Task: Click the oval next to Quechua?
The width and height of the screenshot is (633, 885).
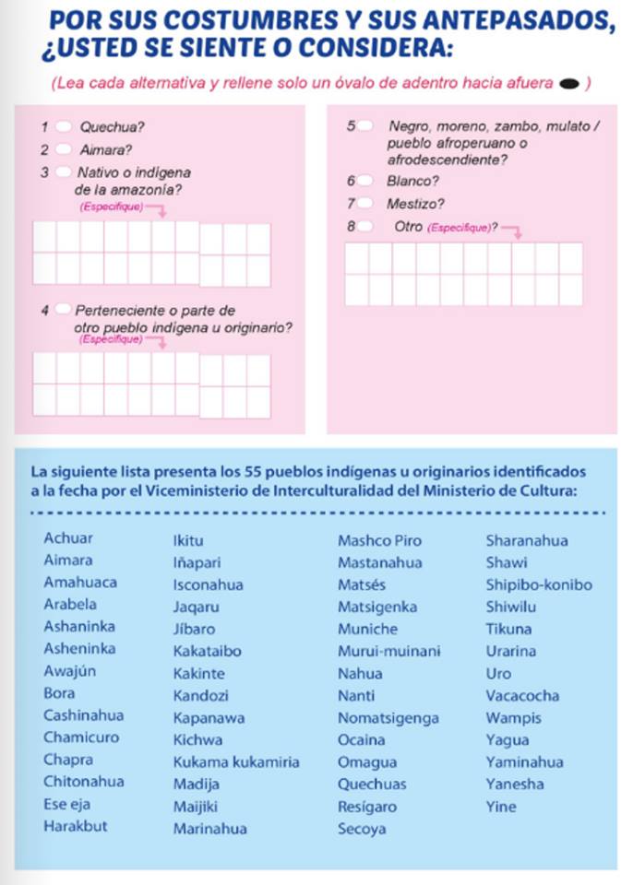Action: [x=63, y=126]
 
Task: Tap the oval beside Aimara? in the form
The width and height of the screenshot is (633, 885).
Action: [x=63, y=148]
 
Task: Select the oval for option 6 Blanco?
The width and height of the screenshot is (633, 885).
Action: [x=366, y=181]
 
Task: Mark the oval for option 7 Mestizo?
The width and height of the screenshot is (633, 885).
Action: [x=366, y=204]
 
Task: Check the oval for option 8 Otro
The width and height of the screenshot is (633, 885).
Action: [x=366, y=226]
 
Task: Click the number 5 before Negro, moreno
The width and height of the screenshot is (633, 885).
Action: [x=351, y=125]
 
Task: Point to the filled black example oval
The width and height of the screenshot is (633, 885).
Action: [x=568, y=85]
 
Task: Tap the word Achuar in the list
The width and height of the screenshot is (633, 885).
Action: [x=68, y=538]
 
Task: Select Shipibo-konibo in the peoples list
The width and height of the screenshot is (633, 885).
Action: [x=539, y=584]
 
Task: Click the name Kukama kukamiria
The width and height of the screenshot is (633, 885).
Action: [x=236, y=762]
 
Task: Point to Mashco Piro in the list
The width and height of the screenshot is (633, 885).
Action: [x=379, y=540]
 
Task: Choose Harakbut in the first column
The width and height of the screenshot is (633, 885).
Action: [x=76, y=826]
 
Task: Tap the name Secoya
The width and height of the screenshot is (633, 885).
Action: [x=362, y=829]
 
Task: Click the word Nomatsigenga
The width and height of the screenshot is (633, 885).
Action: [x=388, y=718]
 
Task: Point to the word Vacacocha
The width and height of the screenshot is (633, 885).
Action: [x=522, y=696]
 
